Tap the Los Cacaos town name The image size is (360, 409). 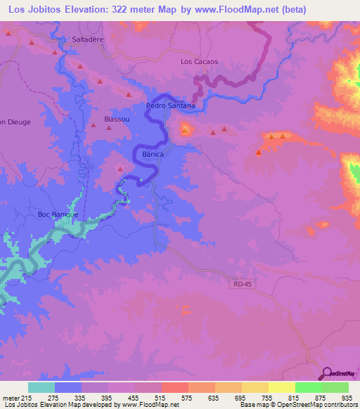point(199,62)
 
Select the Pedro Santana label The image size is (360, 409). point(170,105)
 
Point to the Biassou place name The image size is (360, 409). point(117,119)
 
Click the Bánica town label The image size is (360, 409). point(153,153)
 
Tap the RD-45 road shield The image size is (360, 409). point(239,284)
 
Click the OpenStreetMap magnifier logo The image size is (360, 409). point(326,374)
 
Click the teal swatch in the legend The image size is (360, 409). point(41,388)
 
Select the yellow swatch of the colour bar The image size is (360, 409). point(282,388)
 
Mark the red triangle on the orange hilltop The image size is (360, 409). point(185,130)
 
